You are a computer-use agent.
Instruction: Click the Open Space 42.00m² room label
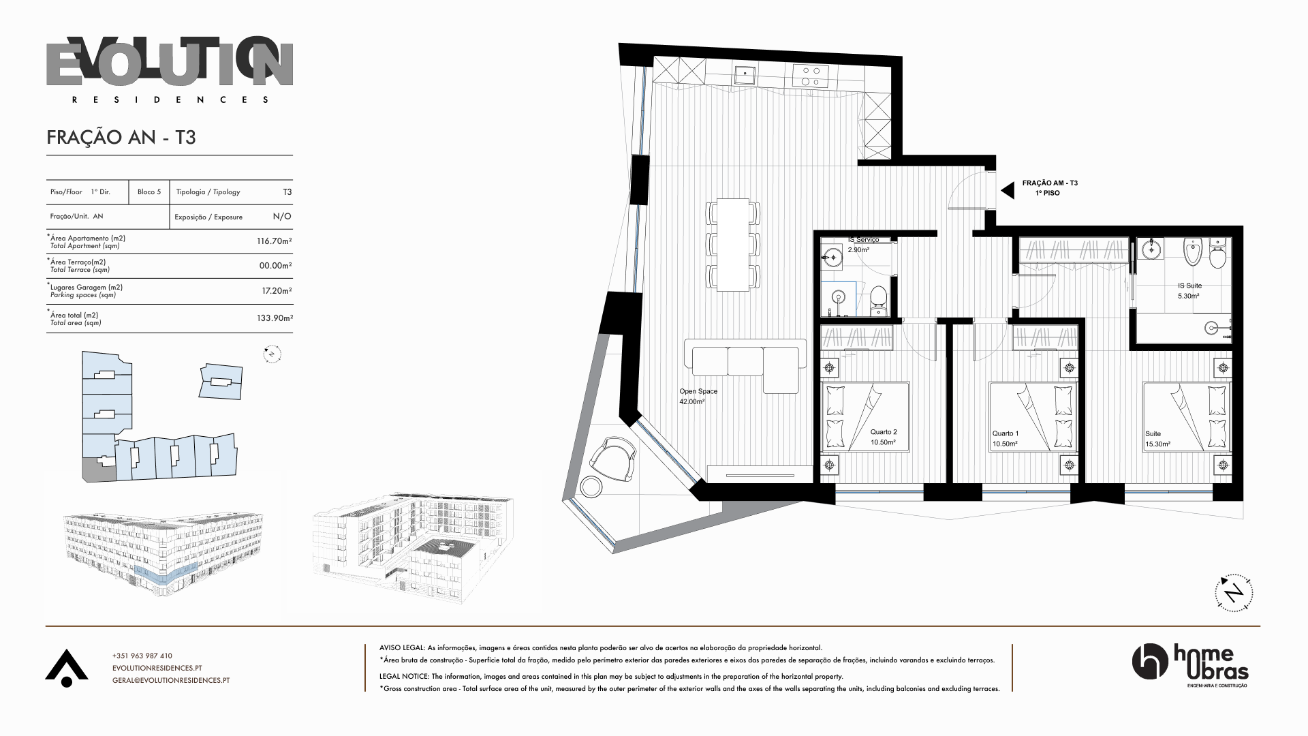pos(698,397)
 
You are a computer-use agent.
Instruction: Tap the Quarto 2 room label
pos(883,437)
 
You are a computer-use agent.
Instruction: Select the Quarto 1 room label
pos(1006,439)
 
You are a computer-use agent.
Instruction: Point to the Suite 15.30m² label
pos(1157,439)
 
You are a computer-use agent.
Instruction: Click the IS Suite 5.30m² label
pos(1189,291)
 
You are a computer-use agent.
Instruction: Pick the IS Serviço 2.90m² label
pos(863,245)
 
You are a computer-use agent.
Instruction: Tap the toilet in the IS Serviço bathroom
pos(879,300)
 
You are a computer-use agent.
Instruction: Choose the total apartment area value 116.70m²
pos(274,241)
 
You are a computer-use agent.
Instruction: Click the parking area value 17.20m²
pos(277,290)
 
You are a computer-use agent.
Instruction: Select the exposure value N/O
pos(282,217)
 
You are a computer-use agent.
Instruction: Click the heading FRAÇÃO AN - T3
pos(121,138)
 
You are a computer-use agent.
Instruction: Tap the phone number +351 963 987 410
pos(142,656)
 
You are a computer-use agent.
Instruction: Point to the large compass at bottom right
pos(1234,592)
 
